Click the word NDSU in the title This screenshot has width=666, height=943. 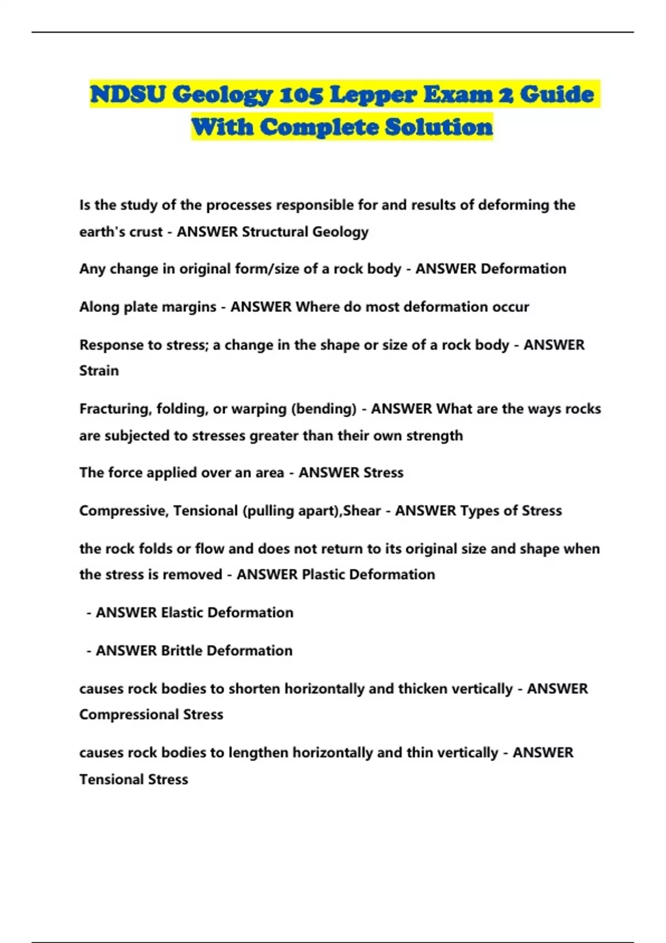pyautogui.click(x=128, y=95)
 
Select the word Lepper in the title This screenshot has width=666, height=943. pyautogui.click(x=373, y=95)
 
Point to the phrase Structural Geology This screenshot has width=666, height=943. pyautogui.click(x=305, y=232)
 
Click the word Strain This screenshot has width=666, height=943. pyautogui.click(x=99, y=371)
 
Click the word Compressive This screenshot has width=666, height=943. pyautogui.click(x=123, y=510)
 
